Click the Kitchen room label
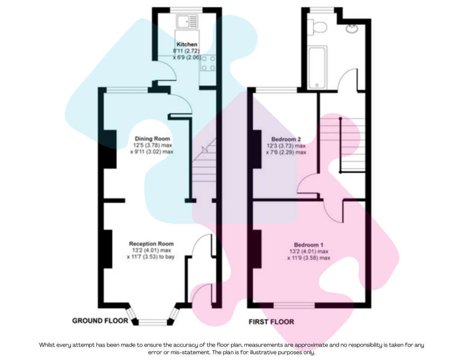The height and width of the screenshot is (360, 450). tap(187, 45)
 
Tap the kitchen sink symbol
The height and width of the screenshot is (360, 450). tap(187, 21)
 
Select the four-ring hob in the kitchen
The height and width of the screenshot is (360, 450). tap(207, 63)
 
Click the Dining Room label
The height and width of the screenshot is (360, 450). tap(153, 139)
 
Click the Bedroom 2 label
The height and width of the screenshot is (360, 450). tap(289, 139)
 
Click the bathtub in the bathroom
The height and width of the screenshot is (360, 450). tap(319, 67)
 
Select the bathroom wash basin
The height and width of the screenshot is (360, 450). tap(350, 28)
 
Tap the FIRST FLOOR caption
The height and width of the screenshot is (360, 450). tap(271, 322)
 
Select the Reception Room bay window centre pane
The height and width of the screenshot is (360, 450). tap(153, 322)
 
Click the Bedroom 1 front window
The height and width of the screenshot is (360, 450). tap(294, 306)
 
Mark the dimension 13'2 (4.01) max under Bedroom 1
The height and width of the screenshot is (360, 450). tap(309, 252)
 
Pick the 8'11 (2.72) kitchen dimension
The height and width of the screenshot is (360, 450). tap(187, 51)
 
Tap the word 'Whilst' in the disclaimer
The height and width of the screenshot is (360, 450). tap(49, 345)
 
